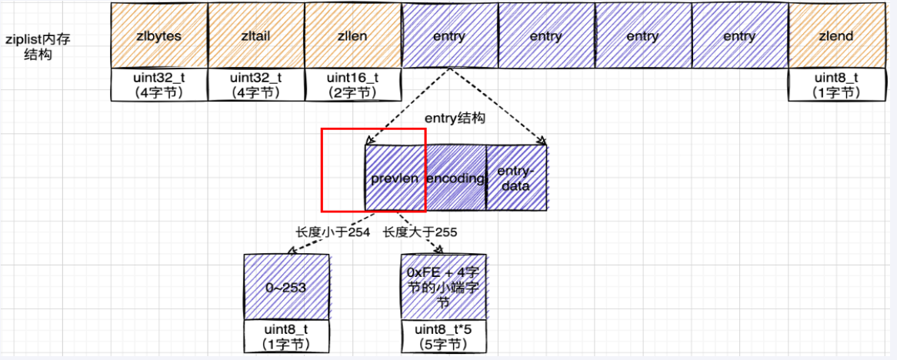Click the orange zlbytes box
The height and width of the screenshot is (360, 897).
(159, 35)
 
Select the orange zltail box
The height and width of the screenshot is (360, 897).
(255, 35)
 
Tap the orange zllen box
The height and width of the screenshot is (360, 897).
(352, 35)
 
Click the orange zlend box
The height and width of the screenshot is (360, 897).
(836, 35)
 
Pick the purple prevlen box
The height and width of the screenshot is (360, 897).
(395, 178)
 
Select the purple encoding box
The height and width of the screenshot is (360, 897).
(455, 178)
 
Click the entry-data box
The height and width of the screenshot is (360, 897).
(516, 178)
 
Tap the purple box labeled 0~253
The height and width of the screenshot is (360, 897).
(286, 288)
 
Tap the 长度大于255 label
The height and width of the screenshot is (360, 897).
(415, 231)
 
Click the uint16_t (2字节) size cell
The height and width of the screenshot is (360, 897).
(352, 85)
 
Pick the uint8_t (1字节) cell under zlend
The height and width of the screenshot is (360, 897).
(836, 85)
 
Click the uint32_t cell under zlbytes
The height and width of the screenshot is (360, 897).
(159, 85)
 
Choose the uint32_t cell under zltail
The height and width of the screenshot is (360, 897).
(255, 85)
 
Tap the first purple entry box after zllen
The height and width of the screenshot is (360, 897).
(449, 35)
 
